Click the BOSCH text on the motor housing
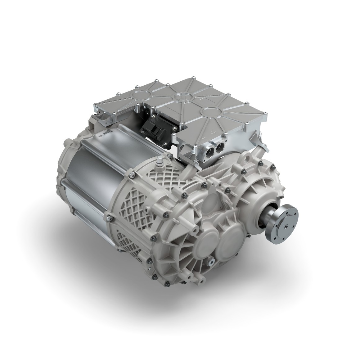point(105,136)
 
